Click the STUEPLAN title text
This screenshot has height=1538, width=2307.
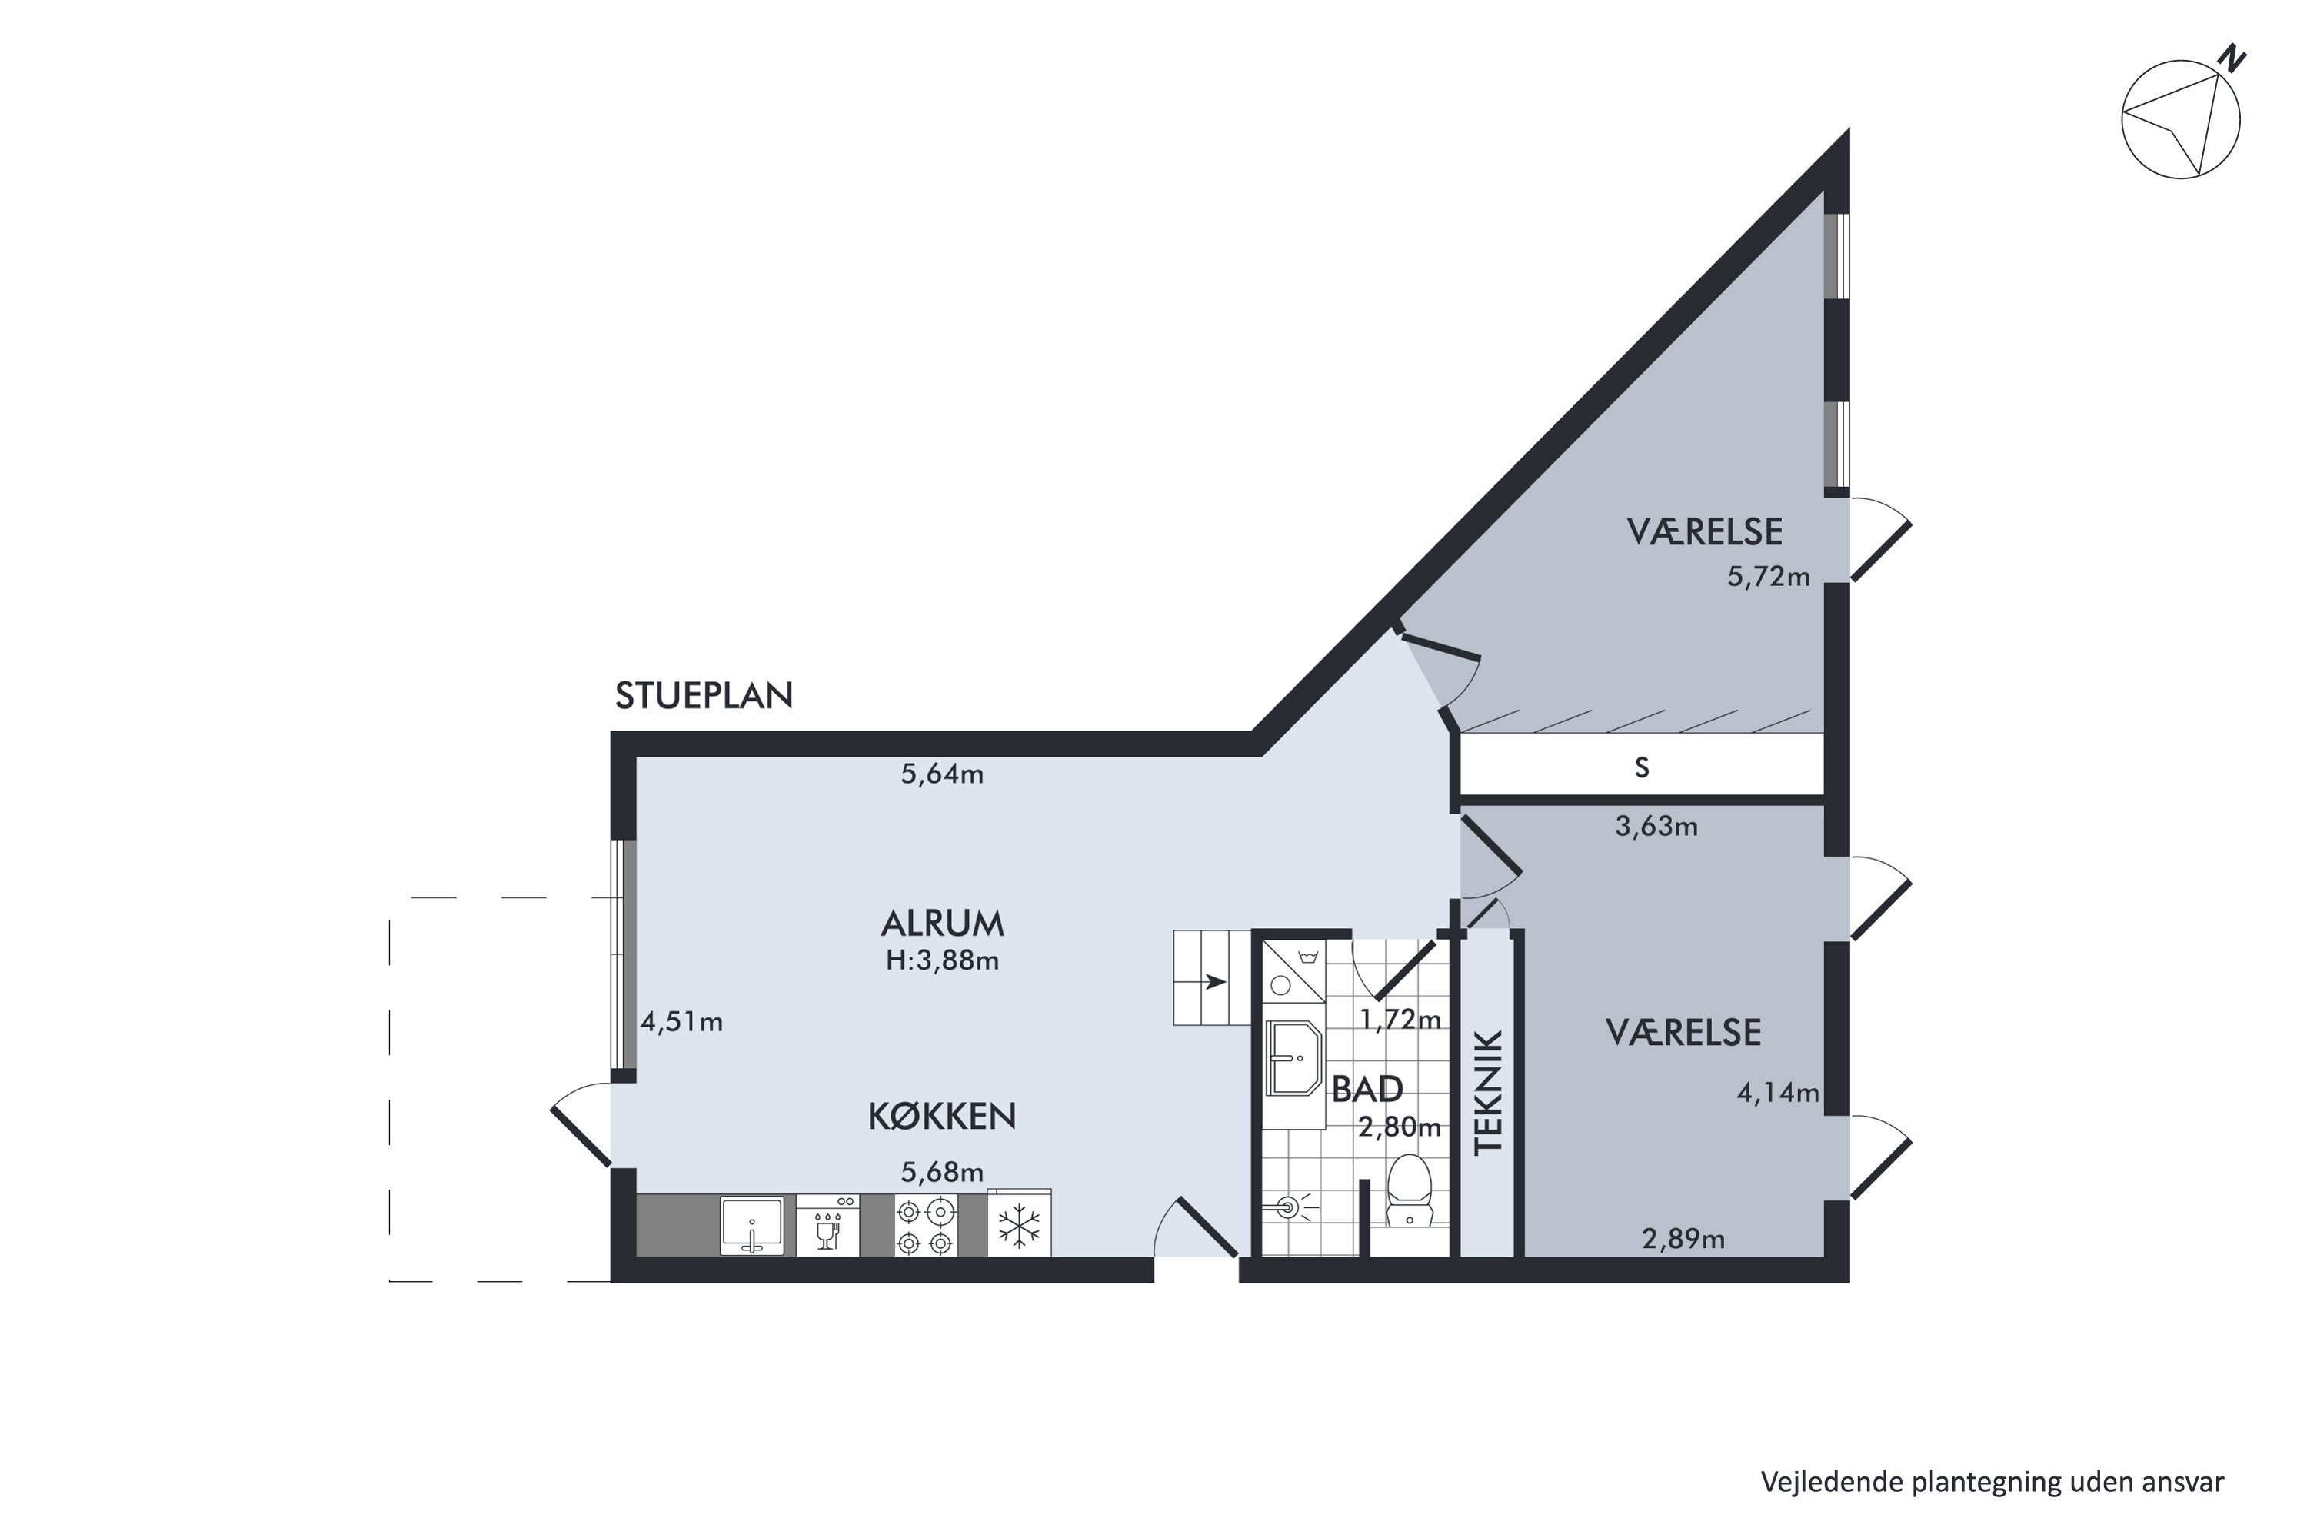point(704,695)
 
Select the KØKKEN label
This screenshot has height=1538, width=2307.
point(941,1117)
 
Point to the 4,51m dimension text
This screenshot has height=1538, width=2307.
point(681,1022)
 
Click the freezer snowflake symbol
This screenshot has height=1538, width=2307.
point(1019,1226)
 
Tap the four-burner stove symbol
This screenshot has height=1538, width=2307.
point(925,1226)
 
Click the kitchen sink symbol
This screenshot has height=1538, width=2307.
point(751,1226)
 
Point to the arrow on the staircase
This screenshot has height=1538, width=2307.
point(1214,982)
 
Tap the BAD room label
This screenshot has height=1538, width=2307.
point(1367,1090)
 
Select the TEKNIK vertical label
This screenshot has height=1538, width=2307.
point(1488,1092)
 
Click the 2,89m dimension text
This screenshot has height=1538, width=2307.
point(1683,1240)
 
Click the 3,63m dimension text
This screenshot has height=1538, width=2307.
point(1656,827)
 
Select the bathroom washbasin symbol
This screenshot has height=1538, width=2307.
point(1293,1058)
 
